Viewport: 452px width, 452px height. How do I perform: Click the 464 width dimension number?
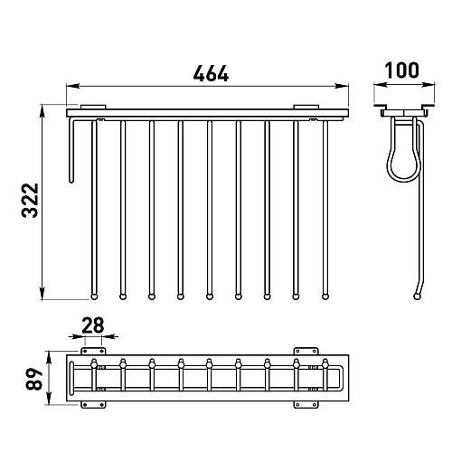[211, 73]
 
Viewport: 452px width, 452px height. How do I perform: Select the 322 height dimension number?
[30, 201]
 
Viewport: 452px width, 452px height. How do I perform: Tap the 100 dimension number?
[402, 71]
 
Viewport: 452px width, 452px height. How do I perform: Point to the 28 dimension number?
[93, 325]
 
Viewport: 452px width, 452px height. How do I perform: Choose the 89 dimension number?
[33, 379]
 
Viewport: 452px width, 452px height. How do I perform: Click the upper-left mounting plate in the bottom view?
[93, 351]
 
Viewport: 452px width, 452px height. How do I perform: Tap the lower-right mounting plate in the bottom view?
[306, 405]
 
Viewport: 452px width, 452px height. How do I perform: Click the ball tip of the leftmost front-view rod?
[94, 297]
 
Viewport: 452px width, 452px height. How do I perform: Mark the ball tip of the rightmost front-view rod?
[325, 297]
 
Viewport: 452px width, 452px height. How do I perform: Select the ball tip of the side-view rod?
[417, 297]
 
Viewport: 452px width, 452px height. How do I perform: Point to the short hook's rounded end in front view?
[71, 181]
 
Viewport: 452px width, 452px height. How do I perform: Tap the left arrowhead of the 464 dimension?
[72, 86]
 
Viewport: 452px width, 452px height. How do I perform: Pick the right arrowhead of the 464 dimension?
[343, 86]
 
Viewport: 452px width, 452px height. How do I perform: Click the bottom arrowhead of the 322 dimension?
[42, 294]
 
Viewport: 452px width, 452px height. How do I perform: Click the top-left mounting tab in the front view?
[93, 107]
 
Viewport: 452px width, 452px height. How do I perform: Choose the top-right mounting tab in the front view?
[306, 107]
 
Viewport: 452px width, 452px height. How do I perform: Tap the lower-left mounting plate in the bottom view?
[93, 405]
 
